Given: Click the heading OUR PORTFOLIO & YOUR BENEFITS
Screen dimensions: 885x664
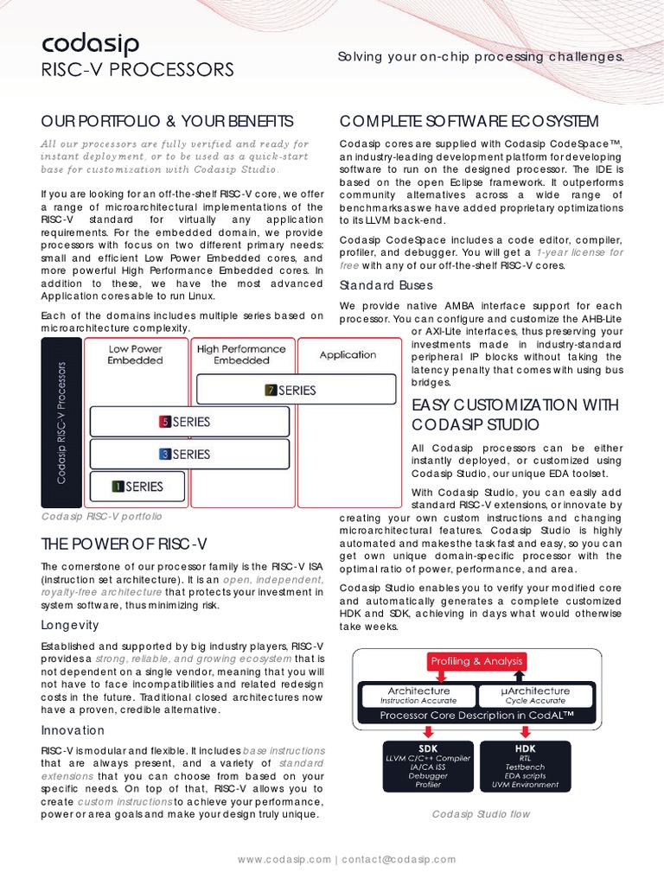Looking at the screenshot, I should pyautogui.click(x=168, y=120).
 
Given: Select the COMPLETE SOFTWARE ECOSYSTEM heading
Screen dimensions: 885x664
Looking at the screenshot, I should pyautogui.click(x=469, y=120).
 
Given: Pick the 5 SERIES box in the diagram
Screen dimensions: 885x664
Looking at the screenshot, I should pyautogui.click(x=188, y=422).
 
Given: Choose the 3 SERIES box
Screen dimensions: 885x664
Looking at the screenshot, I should pyautogui.click(x=188, y=454).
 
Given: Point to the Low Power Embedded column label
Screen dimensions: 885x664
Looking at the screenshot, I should pyautogui.click(x=135, y=354).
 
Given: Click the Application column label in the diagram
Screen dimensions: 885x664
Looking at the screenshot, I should pyautogui.click(x=348, y=354).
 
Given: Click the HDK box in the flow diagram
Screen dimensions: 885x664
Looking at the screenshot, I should pyautogui.click(x=526, y=765).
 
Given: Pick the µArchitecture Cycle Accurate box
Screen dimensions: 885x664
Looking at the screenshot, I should pyautogui.click(x=535, y=695).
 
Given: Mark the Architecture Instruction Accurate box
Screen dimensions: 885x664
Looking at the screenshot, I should pyautogui.click(x=418, y=695).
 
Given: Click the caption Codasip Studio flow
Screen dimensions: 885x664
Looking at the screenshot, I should pyautogui.click(x=481, y=814).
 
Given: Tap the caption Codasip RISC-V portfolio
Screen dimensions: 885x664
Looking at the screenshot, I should pyautogui.click(x=102, y=516).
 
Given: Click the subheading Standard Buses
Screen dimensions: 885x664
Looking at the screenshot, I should pyautogui.click(x=386, y=285).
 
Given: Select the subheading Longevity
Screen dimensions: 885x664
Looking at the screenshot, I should pyautogui.click(x=70, y=625).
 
